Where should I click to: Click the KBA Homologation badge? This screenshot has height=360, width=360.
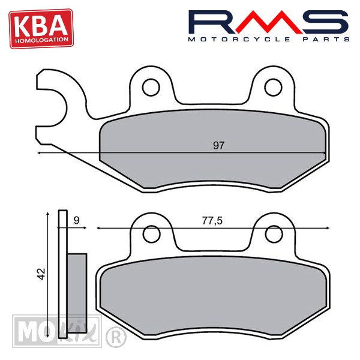(x=41, y=28)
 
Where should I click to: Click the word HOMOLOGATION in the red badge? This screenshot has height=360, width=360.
(x=41, y=40)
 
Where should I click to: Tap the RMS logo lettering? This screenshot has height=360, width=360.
(x=268, y=22)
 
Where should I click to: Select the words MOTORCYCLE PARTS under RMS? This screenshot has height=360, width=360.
(x=269, y=39)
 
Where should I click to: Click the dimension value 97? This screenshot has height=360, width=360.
(x=218, y=146)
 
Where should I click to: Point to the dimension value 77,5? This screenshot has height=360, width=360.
(x=212, y=221)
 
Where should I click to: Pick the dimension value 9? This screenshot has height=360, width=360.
(x=76, y=220)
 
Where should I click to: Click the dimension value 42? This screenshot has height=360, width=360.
(x=41, y=274)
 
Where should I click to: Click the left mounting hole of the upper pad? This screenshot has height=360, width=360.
(x=151, y=88)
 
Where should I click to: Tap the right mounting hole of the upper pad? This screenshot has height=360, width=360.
(x=273, y=88)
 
